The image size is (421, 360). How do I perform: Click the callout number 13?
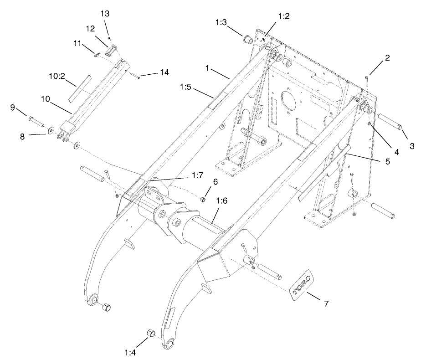pyautogui.click(x=105, y=14)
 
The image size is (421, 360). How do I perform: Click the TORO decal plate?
pyautogui.click(x=301, y=286)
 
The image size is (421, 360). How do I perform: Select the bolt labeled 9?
pyautogui.click(x=34, y=121)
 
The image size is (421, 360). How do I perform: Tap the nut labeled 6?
pyautogui.click(x=203, y=199)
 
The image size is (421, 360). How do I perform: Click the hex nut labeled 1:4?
pyautogui.click(x=150, y=334)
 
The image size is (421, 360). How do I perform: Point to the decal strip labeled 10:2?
pyautogui.click(x=79, y=88)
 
